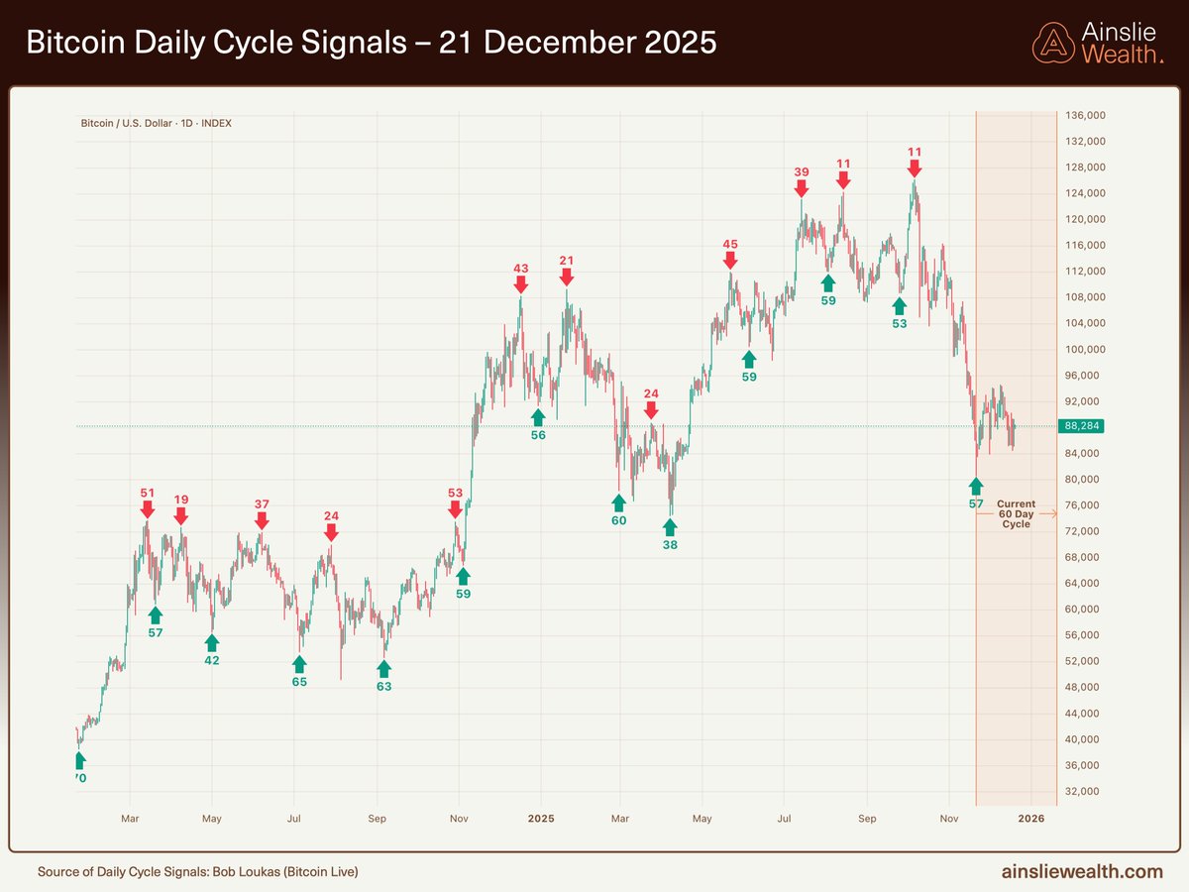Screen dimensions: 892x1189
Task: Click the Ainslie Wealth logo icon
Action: pyautogui.click(x=1053, y=44)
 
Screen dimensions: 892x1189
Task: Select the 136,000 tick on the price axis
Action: pyautogui.click(x=1085, y=115)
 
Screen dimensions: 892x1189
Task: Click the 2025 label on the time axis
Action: pyautogui.click(x=540, y=819)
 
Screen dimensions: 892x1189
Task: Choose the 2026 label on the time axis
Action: pyautogui.click(x=1030, y=819)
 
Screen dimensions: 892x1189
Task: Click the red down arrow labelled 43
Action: pyautogui.click(x=521, y=283)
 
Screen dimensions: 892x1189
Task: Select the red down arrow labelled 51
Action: pyautogui.click(x=147, y=508)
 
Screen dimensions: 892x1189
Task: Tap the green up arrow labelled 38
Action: pyautogui.click(x=670, y=526)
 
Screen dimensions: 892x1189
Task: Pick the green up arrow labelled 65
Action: pyautogui.click(x=299, y=663)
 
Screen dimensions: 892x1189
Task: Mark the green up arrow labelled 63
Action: pyautogui.click(x=383, y=668)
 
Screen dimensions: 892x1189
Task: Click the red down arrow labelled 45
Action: pyautogui.click(x=730, y=260)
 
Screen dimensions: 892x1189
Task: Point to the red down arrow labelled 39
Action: pyautogui.click(x=802, y=187)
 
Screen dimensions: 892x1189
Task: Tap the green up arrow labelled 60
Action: pyautogui.click(x=619, y=502)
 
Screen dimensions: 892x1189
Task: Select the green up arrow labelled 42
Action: pyautogui.click(x=212, y=642)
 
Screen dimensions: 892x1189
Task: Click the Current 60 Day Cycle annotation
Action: pyautogui.click(x=1016, y=514)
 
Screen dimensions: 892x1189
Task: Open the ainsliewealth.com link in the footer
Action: pyautogui.click(x=1082, y=871)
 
